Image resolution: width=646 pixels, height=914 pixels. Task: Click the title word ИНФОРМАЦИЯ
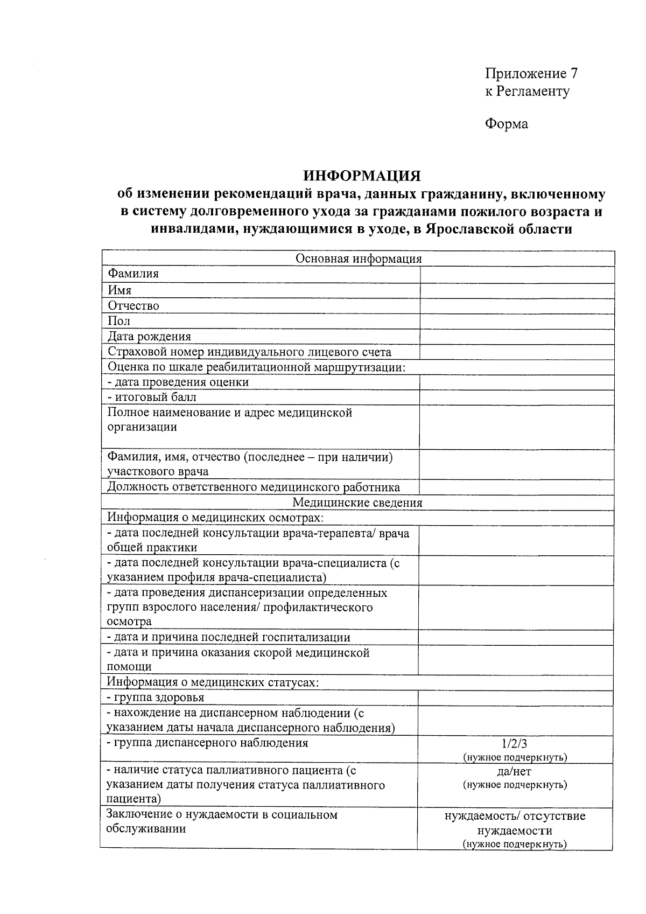coord(361,176)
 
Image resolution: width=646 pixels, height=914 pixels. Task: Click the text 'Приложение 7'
coord(531,73)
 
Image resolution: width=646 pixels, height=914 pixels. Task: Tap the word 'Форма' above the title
coord(506,124)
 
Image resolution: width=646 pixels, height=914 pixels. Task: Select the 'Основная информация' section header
coord(359,259)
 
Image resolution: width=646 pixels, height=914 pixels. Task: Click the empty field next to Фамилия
coord(517,274)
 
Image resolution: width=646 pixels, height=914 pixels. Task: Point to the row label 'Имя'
coord(120,290)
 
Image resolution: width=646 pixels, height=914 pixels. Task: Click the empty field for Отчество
coord(517,306)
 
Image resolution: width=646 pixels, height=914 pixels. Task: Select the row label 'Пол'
coord(118,321)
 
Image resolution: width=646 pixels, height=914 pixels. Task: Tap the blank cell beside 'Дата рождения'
coord(517,337)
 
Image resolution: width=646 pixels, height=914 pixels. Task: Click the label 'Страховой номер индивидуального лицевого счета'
coord(249,352)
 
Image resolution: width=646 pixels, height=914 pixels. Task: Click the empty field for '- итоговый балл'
coord(517,397)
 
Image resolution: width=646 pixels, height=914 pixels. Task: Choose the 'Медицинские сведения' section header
coord(357,503)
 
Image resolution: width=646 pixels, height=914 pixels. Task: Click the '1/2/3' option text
coord(515,744)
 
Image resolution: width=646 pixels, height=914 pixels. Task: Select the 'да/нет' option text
coord(515,771)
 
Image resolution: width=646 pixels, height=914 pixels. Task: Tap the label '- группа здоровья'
coord(156,697)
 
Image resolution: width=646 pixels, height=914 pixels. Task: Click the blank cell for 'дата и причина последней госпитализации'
coord(516,637)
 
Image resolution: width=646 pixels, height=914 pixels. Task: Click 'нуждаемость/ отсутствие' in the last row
coord(515,816)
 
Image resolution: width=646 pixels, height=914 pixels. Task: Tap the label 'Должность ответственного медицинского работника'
coord(254,487)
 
